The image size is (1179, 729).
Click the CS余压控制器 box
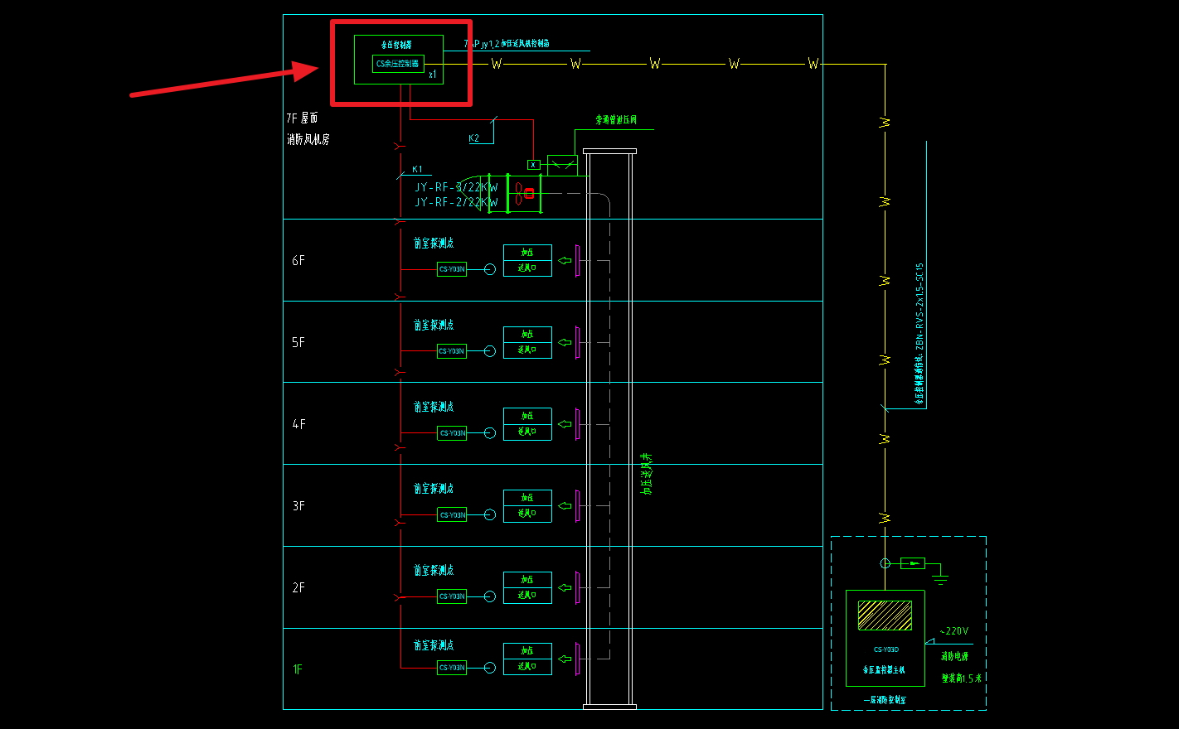(398, 64)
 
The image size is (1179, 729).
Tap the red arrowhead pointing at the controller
(308, 70)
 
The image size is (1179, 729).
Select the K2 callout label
(473, 138)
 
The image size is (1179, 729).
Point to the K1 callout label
(417, 169)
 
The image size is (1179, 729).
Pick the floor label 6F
(298, 260)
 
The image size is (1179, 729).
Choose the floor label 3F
(298, 505)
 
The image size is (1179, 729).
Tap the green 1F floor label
(298, 669)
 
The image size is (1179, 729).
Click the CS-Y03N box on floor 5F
(452, 351)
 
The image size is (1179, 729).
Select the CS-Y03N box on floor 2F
(452, 596)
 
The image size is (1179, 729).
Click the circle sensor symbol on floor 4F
(490, 433)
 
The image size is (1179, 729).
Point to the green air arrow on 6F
(565, 261)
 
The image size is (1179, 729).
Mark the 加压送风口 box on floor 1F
(527, 659)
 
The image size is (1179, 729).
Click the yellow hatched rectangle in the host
(885, 616)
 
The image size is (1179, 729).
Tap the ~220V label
(953, 631)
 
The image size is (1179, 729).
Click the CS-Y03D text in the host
(885, 649)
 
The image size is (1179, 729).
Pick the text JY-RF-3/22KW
(456, 187)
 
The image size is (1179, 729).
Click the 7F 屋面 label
(303, 118)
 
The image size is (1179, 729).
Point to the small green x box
(533, 165)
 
